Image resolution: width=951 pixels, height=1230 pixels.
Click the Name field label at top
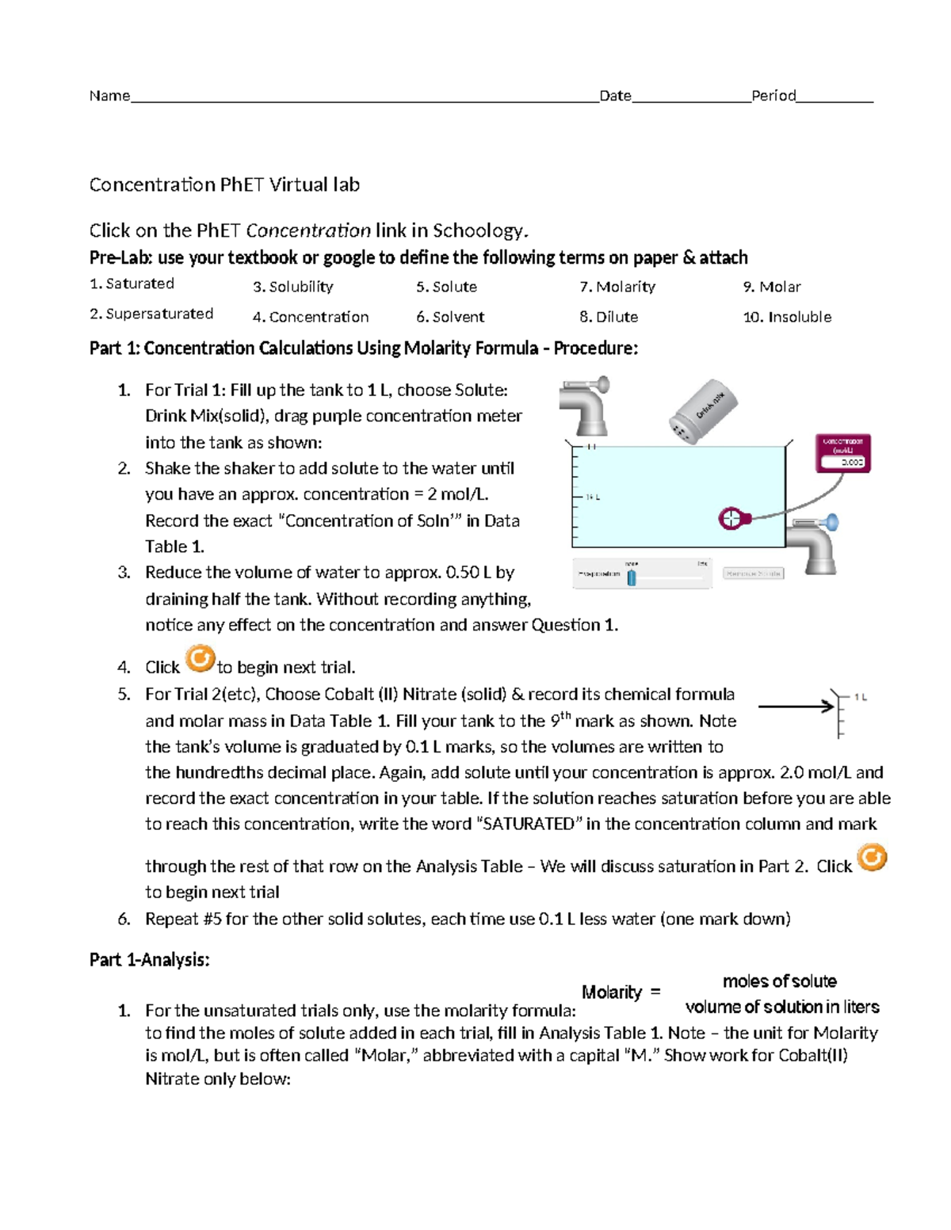[109, 96]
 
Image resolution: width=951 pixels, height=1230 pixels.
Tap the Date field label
[615, 96]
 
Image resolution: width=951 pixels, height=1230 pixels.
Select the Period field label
[773, 96]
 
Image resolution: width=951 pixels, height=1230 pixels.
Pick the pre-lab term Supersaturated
[151, 314]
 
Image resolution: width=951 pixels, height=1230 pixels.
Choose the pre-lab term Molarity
[617, 287]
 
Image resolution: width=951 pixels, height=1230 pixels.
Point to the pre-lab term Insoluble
[787, 317]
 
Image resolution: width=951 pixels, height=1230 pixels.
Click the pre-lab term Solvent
[450, 317]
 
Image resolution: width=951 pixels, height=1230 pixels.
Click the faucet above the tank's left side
[585, 405]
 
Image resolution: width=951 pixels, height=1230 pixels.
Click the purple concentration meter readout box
[843, 453]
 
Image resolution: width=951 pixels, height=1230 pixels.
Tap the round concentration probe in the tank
[731, 519]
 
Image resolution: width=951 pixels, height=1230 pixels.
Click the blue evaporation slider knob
[632, 576]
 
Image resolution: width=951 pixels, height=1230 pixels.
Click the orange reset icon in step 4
[200, 658]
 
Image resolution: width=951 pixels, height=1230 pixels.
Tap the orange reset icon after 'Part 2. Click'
[873, 857]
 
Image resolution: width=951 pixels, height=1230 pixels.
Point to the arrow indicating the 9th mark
[796, 706]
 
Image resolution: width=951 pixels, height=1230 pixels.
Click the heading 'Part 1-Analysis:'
[149, 960]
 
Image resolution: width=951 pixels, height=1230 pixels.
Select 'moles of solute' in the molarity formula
[779, 981]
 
